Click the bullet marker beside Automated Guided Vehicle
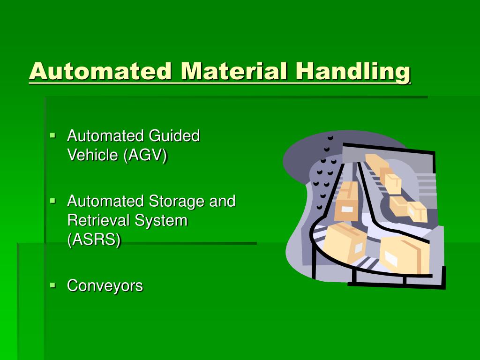point(52,136)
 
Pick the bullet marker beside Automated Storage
point(52,201)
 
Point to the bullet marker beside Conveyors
point(52,285)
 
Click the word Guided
point(174,136)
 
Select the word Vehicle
point(93,155)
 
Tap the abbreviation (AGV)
point(145,155)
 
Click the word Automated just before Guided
point(105,136)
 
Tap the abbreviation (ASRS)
point(94,239)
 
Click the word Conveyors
point(105,285)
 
